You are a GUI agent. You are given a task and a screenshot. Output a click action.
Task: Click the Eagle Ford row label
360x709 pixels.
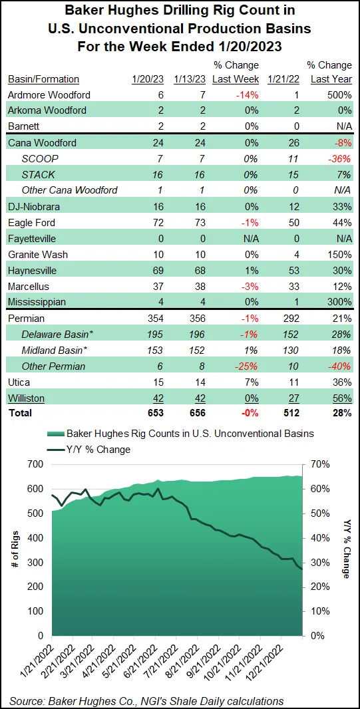[x=31, y=222]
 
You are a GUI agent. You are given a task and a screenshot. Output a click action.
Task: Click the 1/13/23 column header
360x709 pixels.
[x=188, y=79]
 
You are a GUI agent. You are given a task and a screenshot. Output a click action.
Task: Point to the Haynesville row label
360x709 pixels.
[x=32, y=270]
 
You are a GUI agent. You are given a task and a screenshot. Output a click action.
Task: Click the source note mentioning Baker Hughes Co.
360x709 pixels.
[x=146, y=700]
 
